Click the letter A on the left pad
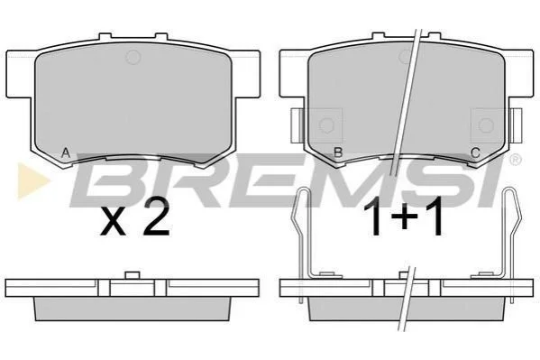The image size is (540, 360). tap(66, 152)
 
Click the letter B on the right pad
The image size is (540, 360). tap(338, 152)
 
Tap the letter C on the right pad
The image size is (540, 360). tap(475, 152)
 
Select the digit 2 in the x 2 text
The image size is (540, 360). tap(156, 217)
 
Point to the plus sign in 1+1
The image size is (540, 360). tap(404, 217)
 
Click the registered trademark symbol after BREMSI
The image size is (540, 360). tap(515, 160)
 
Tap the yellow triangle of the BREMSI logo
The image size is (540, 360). tap(32, 180)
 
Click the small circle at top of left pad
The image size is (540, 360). tap(133, 57)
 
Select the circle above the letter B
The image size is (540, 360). tap(326, 125)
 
